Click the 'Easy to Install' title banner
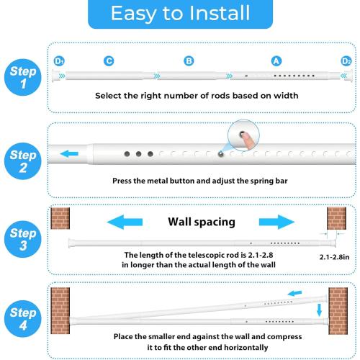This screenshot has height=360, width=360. click(180, 14)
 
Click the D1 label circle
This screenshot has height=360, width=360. click(60, 60)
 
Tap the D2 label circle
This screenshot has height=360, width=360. click(346, 60)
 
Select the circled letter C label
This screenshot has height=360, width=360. click(109, 61)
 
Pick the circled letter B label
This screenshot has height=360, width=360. click(189, 61)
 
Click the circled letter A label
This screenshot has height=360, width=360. click(275, 61)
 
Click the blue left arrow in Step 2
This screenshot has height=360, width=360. click(70, 153)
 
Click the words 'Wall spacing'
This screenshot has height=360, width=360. click(202, 221)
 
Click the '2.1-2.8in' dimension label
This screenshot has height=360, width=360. click(336, 256)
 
